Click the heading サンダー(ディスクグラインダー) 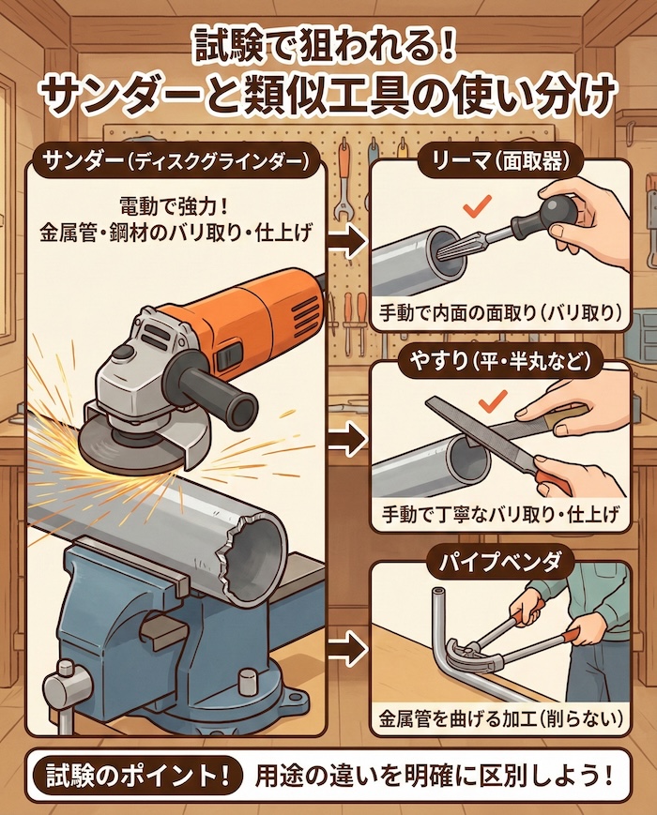[176, 161]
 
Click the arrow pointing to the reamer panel [351, 244]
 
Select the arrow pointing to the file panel [351, 437]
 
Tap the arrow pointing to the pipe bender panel [351, 646]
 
